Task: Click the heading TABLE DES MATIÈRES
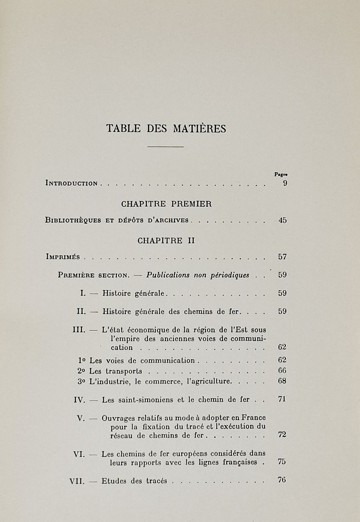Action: click(x=166, y=128)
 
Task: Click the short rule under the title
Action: click(x=166, y=146)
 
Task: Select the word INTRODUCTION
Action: click(x=72, y=184)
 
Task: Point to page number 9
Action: click(x=285, y=183)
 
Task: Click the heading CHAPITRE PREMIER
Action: click(x=166, y=203)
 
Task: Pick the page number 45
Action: click(x=283, y=220)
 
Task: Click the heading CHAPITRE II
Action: click(x=166, y=241)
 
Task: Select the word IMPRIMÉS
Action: click(x=63, y=257)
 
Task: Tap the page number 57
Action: click(x=283, y=257)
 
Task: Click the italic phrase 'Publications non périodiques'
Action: click(x=198, y=275)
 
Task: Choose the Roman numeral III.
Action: click(x=79, y=329)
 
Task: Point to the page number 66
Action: click(x=282, y=371)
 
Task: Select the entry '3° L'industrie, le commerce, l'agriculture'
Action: click(x=155, y=381)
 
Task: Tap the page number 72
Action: click(x=282, y=435)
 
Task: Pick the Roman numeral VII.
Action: click(x=77, y=481)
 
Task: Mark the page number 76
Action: click(x=282, y=480)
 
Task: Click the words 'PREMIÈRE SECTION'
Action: click(x=93, y=275)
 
